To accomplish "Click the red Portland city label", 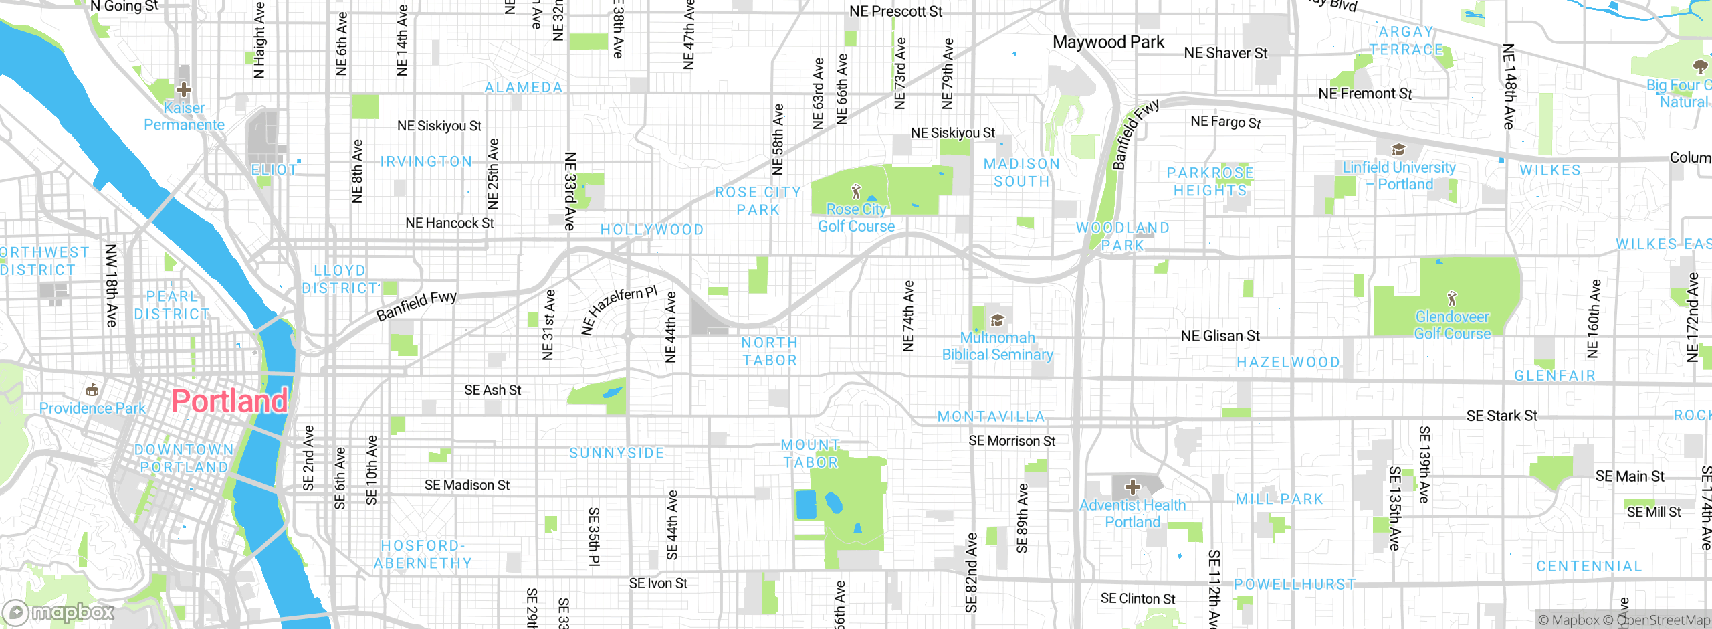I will (x=229, y=401).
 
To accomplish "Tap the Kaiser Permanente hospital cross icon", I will (x=184, y=90).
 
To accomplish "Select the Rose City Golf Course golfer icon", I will (x=856, y=192).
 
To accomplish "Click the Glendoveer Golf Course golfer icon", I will (x=1451, y=298).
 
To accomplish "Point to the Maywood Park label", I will (x=1108, y=42).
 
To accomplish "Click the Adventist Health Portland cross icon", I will (x=1132, y=486).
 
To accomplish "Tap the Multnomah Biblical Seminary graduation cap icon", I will (x=997, y=320).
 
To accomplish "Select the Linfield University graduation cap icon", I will (x=1398, y=149).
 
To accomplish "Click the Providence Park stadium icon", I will (x=92, y=389).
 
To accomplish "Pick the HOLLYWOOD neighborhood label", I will (x=652, y=230).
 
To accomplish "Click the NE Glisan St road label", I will (x=1220, y=336).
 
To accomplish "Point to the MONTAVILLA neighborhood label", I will (x=991, y=416).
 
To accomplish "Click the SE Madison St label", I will (x=467, y=485).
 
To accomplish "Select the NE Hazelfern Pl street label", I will (x=619, y=310).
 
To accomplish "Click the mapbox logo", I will (x=59, y=612).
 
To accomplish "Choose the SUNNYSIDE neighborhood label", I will (x=617, y=453).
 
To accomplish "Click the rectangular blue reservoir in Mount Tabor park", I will (x=806, y=505).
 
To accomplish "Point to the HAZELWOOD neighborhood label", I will (x=1288, y=362).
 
